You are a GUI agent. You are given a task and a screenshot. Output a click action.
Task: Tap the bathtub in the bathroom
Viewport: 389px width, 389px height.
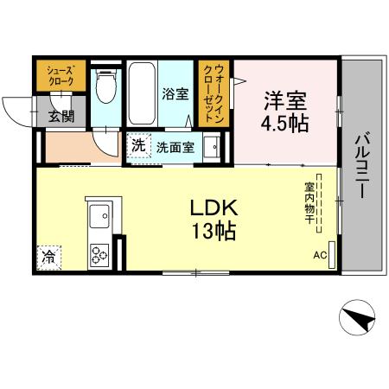pos(141,93)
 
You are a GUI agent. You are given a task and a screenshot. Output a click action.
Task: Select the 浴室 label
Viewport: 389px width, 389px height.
pos(175,94)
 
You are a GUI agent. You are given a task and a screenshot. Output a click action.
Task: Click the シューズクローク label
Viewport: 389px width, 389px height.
pos(61,74)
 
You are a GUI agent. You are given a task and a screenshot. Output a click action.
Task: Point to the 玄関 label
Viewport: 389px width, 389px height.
pos(60,115)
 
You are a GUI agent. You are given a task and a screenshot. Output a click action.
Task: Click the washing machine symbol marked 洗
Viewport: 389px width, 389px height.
pos(138,145)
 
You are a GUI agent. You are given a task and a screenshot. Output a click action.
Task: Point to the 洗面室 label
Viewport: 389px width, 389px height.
pos(174,146)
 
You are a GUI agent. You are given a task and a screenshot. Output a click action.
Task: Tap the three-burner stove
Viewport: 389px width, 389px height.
pos(98,254)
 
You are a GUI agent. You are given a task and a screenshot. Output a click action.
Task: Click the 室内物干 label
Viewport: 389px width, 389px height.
pos(308,203)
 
